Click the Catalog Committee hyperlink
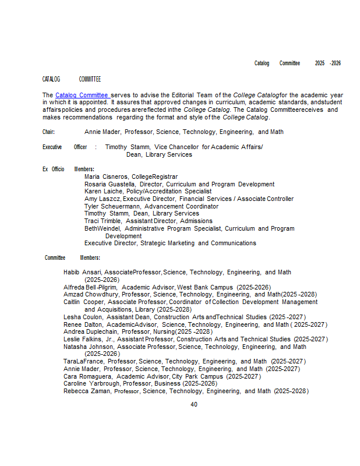[x=82, y=95]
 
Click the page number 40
[x=194, y=404]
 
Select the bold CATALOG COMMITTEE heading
[x=72, y=79]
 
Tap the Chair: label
[x=48, y=132]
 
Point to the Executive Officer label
[x=65, y=147]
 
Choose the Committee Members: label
[x=72, y=257]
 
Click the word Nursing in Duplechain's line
[x=164, y=331]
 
